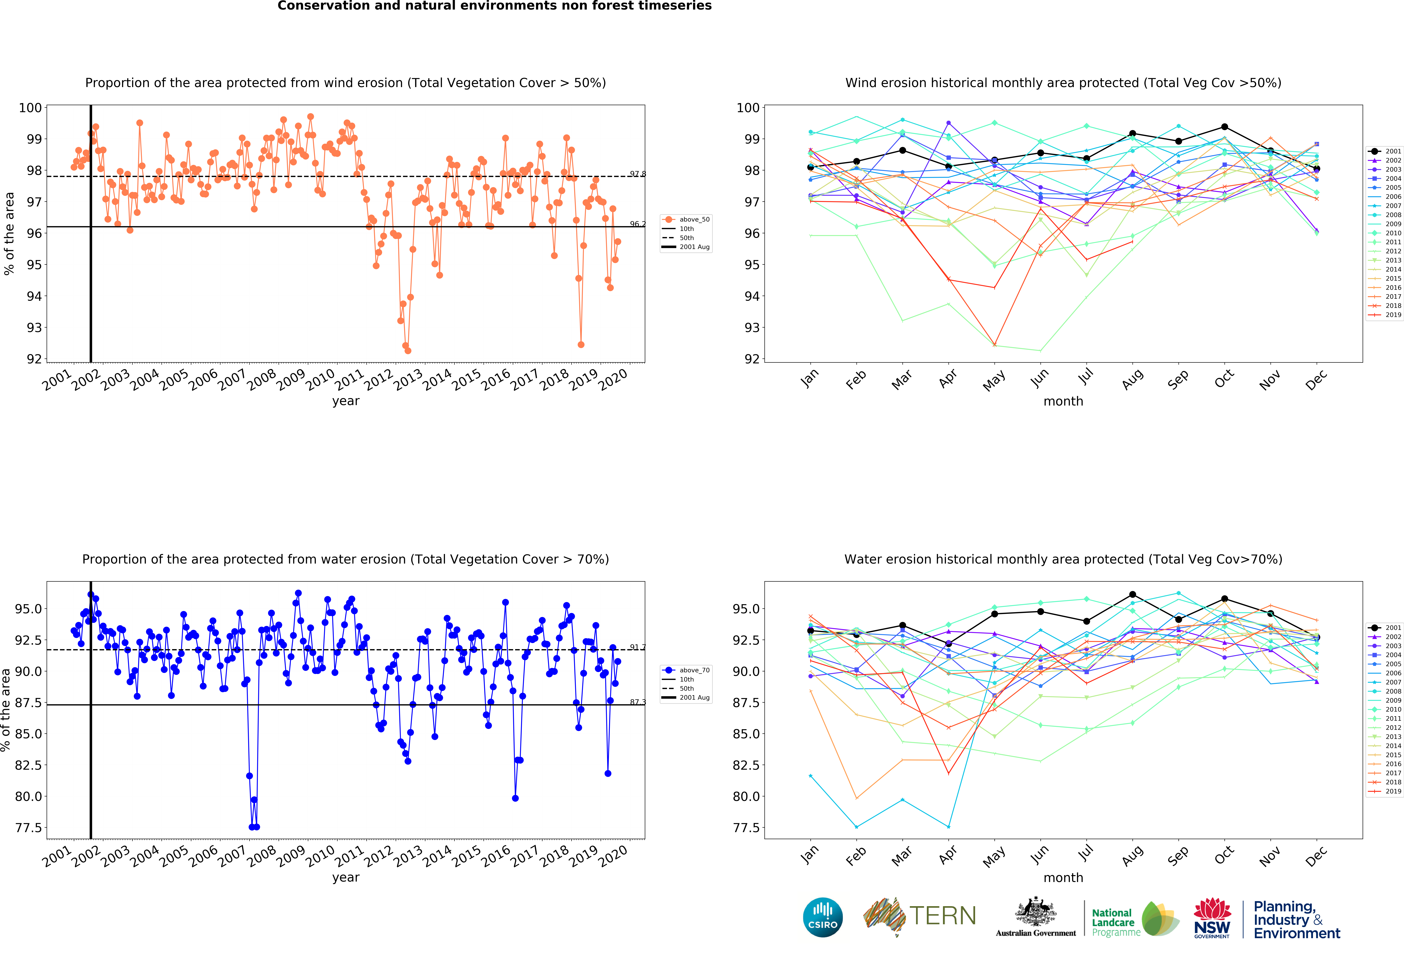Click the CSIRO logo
tap(823, 917)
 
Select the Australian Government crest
tap(1036, 912)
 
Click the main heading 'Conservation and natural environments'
tap(494, 6)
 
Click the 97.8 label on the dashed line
tap(637, 174)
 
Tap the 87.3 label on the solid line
tap(637, 702)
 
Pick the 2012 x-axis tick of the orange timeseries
tap(379, 379)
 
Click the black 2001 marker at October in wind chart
tap(1225, 127)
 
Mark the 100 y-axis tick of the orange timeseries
tap(30, 108)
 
